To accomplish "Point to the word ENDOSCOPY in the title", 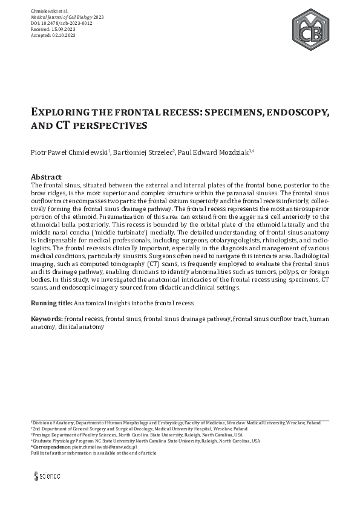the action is pos(280,113).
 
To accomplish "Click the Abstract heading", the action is pos(46,177).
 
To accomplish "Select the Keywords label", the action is pos(47,318).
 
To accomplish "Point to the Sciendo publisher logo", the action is pos(47,476).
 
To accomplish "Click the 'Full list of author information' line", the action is pos(93,453).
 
